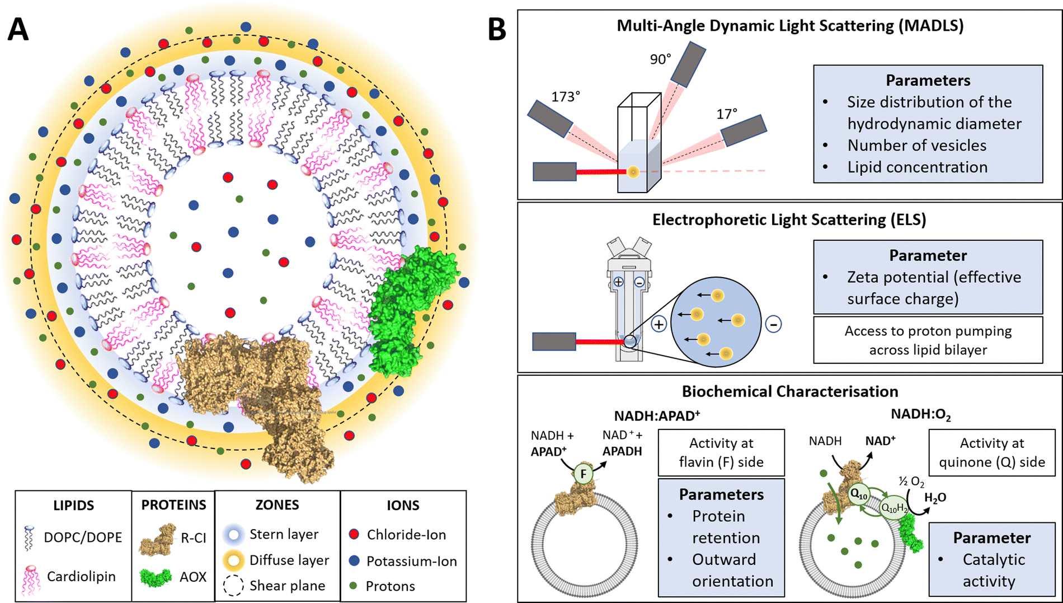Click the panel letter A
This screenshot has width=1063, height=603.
(x=18, y=29)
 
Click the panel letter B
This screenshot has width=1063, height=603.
(x=497, y=29)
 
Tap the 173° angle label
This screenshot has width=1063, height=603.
(x=566, y=97)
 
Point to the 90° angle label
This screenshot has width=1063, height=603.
(x=660, y=59)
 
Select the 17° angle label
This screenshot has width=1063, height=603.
(x=727, y=114)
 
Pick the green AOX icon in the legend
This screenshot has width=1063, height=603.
(x=156, y=577)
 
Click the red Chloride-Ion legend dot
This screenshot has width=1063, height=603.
(x=354, y=534)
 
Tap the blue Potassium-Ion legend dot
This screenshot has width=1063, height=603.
(x=354, y=560)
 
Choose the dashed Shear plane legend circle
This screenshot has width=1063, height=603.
(x=233, y=586)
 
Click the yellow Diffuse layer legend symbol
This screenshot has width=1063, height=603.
(x=233, y=560)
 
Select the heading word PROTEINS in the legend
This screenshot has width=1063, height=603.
(x=173, y=505)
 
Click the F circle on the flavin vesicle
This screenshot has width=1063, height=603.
(x=584, y=474)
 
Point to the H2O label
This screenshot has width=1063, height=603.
(x=935, y=498)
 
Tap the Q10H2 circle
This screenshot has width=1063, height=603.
(x=893, y=508)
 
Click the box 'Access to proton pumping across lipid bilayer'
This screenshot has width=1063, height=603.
(x=928, y=340)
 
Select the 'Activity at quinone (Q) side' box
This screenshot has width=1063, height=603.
(x=991, y=452)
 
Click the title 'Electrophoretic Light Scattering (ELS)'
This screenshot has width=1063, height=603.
(x=789, y=219)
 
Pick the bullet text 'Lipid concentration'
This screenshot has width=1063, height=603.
(x=917, y=167)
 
